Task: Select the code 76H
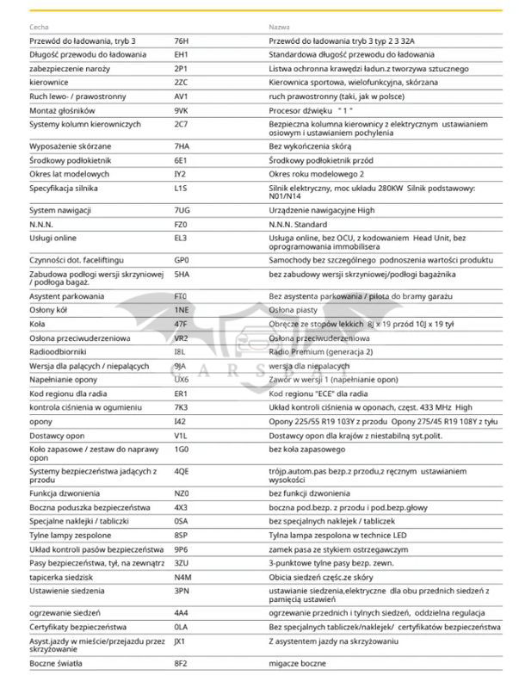pos(181,40)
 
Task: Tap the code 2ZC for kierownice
pos(181,82)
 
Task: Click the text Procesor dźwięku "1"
pos(312,111)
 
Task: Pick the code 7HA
pos(181,146)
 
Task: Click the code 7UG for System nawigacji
pos(181,210)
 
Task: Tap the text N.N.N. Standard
pos(299,223)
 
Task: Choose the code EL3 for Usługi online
pos(180,237)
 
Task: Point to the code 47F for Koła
pos(180,324)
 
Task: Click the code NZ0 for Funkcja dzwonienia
pos(181,494)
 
